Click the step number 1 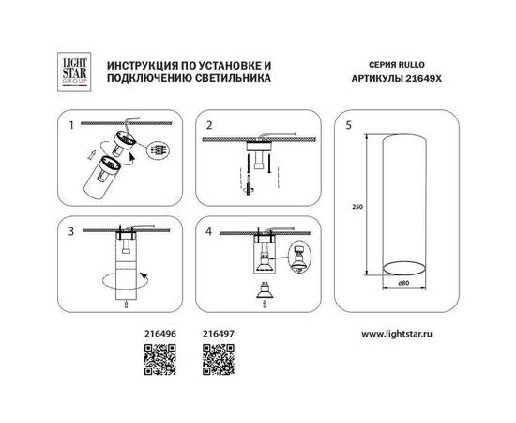[68, 123]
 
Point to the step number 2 [210, 123]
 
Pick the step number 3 [68, 228]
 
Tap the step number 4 [210, 228]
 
